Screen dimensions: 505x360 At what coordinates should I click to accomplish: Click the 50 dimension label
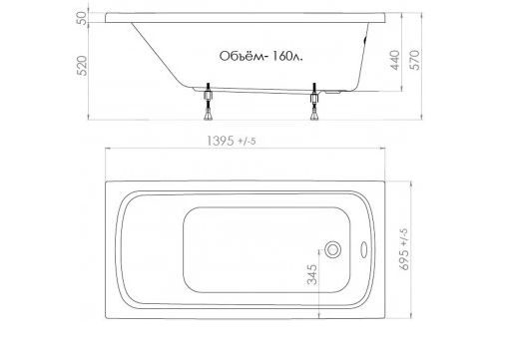point(82,18)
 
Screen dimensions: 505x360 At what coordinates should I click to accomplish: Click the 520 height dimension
point(82,66)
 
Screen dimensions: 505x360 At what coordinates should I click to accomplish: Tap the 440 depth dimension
point(394,60)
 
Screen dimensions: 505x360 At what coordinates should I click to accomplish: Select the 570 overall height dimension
point(416,60)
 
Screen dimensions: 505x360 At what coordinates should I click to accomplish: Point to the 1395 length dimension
point(221,141)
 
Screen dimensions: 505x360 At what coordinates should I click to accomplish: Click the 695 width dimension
point(404,259)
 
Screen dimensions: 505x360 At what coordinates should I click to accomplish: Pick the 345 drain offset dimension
point(312,274)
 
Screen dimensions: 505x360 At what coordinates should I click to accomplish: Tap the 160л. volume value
point(287,57)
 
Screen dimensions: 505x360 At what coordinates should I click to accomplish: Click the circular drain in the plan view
point(332,249)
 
